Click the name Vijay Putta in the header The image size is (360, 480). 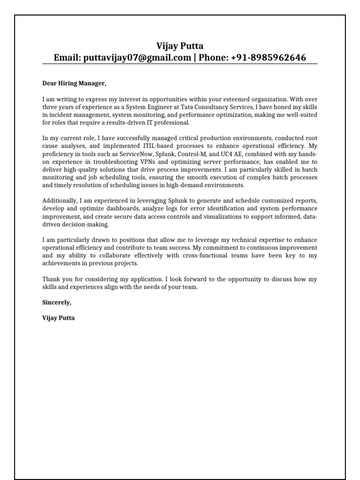tap(180, 46)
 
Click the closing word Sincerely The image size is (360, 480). tap(57, 302)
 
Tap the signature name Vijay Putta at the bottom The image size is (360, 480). tap(58, 318)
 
